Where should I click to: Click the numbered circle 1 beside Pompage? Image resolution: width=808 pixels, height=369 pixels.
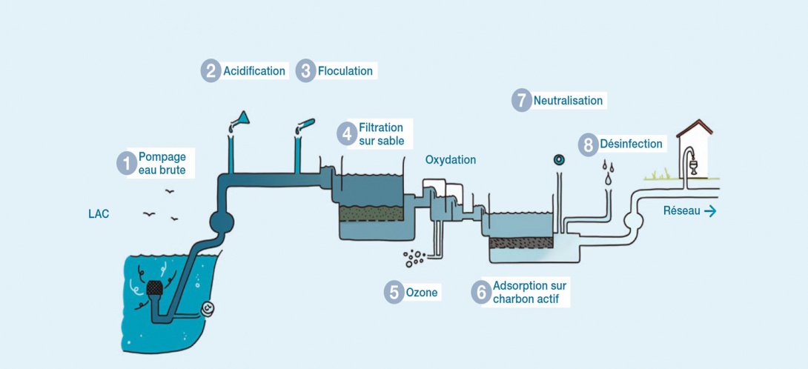[x=127, y=163]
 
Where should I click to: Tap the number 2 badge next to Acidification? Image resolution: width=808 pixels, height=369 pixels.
[x=211, y=71]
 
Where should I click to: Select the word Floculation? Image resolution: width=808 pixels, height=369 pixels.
[x=345, y=71]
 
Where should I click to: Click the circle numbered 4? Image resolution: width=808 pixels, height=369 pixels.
[x=347, y=134]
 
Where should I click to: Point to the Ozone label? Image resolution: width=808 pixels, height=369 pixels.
[x=422, y=293]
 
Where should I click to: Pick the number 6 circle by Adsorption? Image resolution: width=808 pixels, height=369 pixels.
[x=481, y=293]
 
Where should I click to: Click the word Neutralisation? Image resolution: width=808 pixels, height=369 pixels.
[x=568, y=100]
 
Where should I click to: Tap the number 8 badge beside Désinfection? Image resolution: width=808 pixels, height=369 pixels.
[x=589, y=144]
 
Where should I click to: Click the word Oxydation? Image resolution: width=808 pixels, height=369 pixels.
[x=451, y=160]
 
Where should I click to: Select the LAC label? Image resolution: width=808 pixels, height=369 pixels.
[x=99, y=214]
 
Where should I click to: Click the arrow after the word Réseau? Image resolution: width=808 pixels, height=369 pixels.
[x=710, y=211]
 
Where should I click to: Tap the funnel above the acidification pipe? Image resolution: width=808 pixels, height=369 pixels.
[x=240, y=119]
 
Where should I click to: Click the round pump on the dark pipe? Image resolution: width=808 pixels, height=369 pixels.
[x=221, y=221]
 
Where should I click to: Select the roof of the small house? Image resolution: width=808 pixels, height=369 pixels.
[x=695, y=127]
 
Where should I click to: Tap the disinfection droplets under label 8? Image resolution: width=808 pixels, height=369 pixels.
[x=608, y=173]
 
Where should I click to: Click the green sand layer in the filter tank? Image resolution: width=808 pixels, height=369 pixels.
[x=371, y=213]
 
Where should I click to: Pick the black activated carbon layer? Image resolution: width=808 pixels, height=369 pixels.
[x=521, y=242]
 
